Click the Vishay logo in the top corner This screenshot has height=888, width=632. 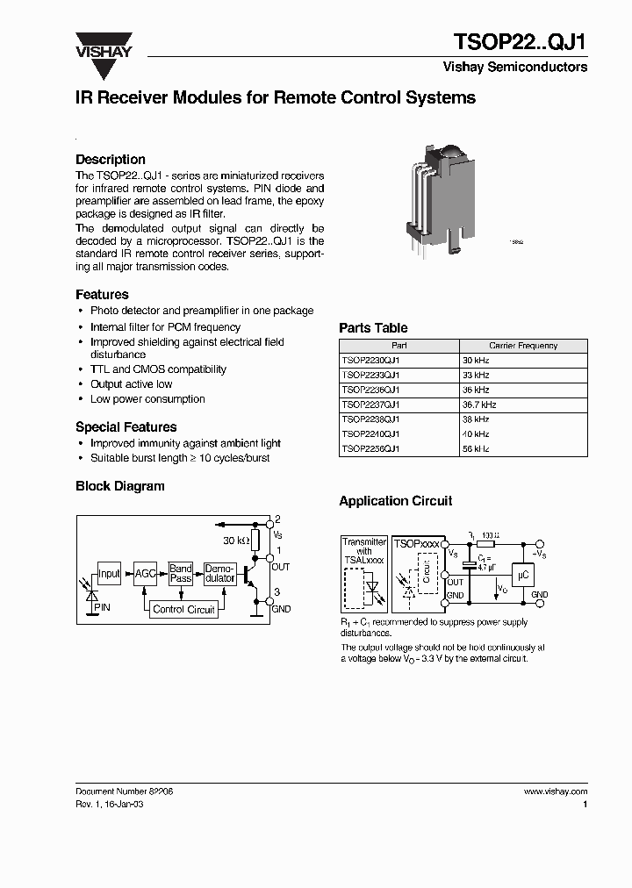pos(103,46)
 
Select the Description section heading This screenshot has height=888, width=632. pos(111,160)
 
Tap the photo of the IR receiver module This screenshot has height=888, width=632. pos(439,198)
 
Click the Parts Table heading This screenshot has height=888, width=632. pos(373,328)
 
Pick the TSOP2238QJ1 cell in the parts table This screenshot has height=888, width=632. pos(370,419)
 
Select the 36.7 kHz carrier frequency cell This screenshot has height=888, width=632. pos(479,405)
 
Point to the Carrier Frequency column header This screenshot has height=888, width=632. pos(523,346)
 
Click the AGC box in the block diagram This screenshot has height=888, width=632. pos(145,574)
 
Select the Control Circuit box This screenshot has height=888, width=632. pos(183,609)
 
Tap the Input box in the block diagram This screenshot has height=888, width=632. pos(109,574)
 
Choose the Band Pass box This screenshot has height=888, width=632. pos(181,574)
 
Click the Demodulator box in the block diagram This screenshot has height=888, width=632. pos(219,574)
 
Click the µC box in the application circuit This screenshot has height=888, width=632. pos(523,575)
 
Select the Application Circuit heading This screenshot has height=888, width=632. pos(396,501)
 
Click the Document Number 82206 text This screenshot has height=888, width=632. pos(124,791)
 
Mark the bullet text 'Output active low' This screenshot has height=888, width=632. pos(131,384)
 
